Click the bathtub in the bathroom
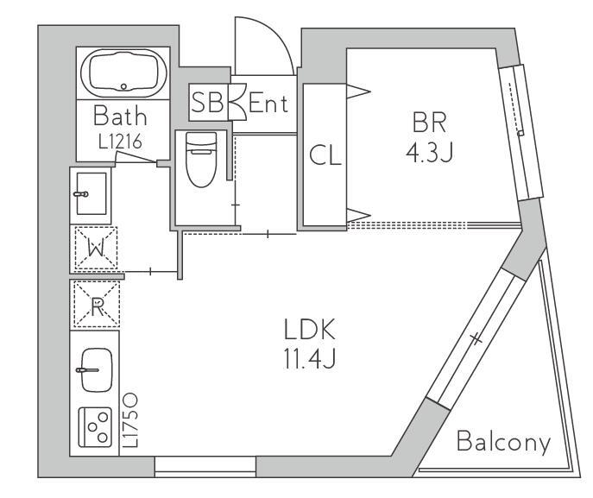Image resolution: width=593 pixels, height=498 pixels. point(123,73)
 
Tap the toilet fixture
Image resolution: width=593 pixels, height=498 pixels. point(201,159)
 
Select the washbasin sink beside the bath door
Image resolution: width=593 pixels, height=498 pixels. point(91,193)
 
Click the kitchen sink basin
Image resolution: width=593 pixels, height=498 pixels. point(97,369)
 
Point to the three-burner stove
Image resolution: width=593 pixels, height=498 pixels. point(95,427)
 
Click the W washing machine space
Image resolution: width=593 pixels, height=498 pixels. point(96,248)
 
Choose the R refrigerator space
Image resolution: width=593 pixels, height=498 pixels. point(97,304)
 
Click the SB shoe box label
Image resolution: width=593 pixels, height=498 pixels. point(207,102)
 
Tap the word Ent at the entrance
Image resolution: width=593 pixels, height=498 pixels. point(268,103)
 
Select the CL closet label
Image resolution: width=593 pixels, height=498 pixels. point(325,155)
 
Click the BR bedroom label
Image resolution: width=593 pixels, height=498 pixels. point(429,122)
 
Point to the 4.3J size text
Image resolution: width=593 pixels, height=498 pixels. point(429,153)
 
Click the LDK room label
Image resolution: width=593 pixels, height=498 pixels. point(310,330)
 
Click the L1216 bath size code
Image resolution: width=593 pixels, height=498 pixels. point(120,142)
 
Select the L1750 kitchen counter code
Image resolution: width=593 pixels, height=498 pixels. point(130,420)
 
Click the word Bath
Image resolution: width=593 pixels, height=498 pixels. point(120,116)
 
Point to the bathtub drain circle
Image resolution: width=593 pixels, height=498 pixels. point(123,86)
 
